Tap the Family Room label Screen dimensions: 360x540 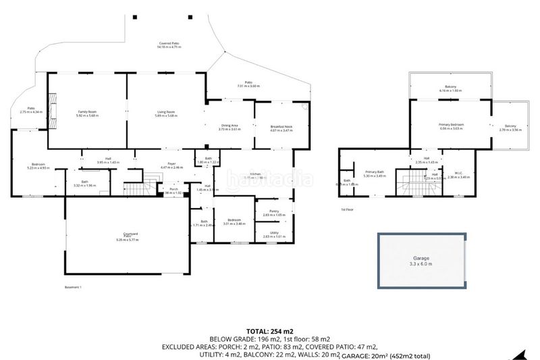(x=88, y=113)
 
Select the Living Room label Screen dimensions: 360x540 (x=166, y=113)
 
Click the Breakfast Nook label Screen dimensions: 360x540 (x=280, y=126)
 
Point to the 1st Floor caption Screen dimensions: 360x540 (x=348, y=210)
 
